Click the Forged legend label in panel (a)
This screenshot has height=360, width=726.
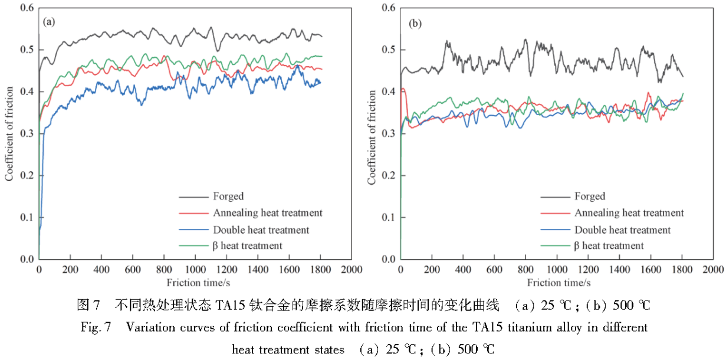227,197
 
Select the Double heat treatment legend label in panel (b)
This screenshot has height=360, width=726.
622,230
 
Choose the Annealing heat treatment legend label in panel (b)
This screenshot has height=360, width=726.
629,213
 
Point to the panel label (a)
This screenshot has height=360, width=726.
49,22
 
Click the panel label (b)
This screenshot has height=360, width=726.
415,24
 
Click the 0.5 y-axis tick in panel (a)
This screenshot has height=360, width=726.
26,50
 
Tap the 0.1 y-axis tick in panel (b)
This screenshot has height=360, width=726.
388,217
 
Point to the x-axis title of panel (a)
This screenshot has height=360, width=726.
195,282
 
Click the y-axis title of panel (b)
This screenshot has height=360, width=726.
372,137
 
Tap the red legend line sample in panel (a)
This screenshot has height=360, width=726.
192,213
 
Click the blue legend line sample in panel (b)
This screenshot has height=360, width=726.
555,230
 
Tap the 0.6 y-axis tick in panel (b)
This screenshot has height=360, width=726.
388,8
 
